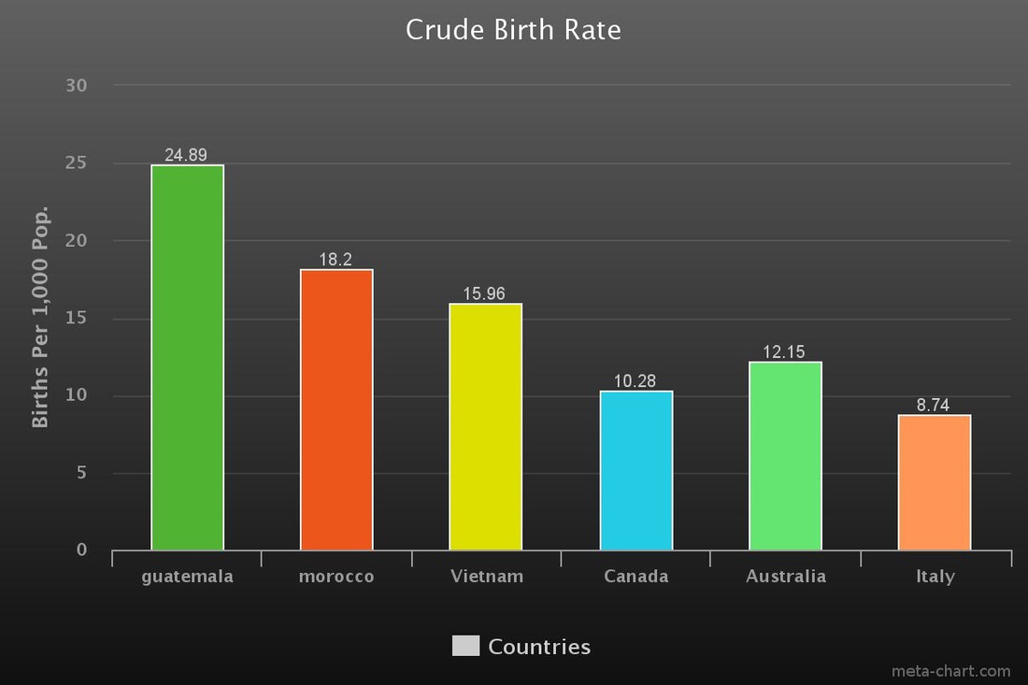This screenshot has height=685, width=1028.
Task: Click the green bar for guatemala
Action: click(188, 357)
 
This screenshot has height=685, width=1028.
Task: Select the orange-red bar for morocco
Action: click(336, 409)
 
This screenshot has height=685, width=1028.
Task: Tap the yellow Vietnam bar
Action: click(486, 427)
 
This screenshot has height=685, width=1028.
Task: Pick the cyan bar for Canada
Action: click(635, 471)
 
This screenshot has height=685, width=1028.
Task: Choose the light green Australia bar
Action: click(785, 456)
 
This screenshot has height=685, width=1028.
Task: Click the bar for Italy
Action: click(935, 482)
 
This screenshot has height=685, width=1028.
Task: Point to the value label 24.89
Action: click(186, 155)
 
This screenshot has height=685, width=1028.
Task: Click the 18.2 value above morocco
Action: click(336, 260)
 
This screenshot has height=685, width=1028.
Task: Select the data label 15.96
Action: click(484, 293)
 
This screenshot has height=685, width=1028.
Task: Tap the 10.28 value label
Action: click(635, 381)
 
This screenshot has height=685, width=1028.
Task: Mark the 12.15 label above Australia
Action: click(783, 352)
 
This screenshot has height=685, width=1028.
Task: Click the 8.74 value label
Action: click(933, 405)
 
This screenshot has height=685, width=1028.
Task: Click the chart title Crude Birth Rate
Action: click(513, 30)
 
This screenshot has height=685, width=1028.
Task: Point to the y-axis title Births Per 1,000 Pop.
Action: click(40, 317)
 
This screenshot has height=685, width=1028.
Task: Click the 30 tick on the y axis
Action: click(76, 85)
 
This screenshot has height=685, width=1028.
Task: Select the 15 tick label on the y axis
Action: click(76, 318)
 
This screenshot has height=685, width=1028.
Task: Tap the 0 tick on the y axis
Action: click(81, 550)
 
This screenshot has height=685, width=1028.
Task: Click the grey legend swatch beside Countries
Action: click(465, 646)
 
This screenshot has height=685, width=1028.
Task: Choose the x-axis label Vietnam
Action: click(487, 577)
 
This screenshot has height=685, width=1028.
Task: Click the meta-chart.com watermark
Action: click(950, 671)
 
